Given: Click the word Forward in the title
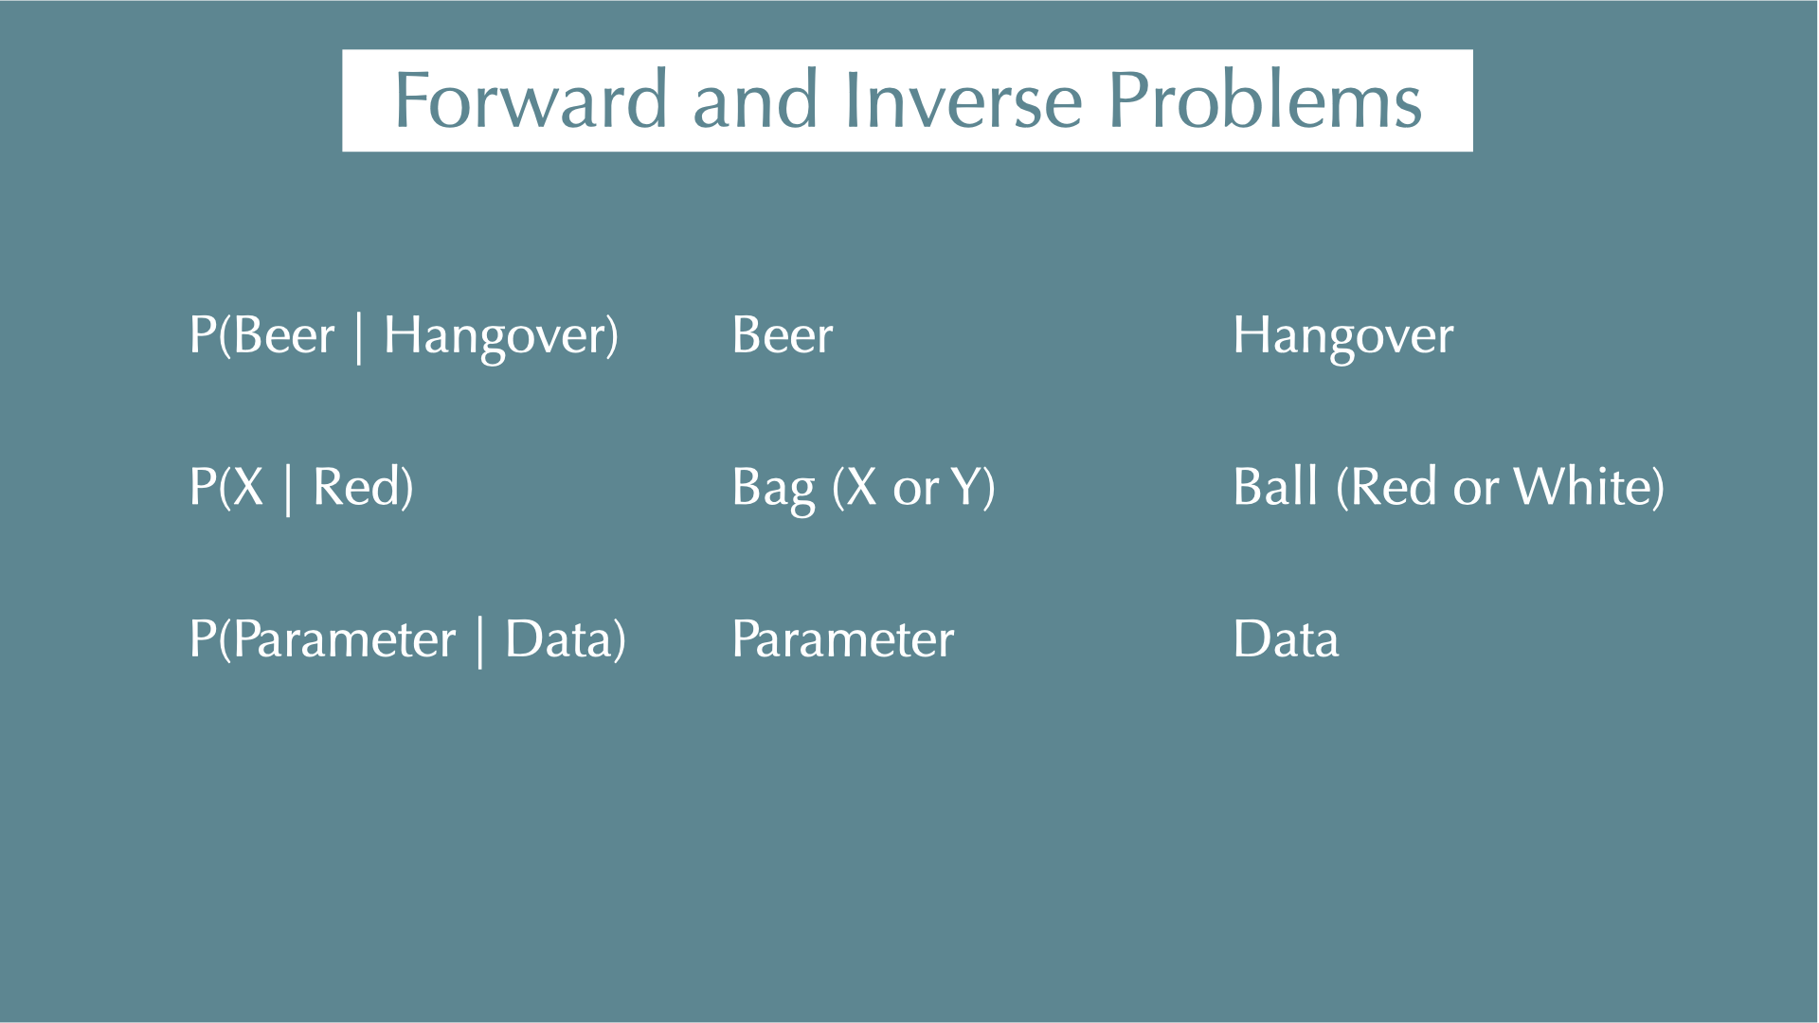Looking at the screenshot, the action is (x=531, y=99).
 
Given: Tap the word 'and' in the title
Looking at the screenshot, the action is (x=755, y=99).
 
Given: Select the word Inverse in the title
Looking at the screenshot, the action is (x=963, y=99).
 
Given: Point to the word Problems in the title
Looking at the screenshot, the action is (x=1265, y=99).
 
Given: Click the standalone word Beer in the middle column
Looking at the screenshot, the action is (x=783, y=334).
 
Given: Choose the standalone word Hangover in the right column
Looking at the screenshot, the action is (x=1343, y=338).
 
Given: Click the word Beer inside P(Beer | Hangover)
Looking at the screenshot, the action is (x=284, y=334).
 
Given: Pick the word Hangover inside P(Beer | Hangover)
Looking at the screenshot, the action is (x=494, y=338).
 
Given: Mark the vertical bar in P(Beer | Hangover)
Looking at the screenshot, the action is (x=359, y=338).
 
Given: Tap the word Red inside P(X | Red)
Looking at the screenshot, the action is (x=356, y=487).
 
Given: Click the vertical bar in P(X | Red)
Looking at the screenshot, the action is (x=288, y=490).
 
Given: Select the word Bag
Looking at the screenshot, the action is (x=773, y=491).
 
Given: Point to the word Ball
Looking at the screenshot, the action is (x=1276, y=486).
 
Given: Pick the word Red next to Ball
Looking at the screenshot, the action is (x=1394, y=487).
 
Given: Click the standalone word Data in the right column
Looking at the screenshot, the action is (x=1287, y=638).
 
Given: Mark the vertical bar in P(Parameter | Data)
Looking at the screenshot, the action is (x=480, y=642).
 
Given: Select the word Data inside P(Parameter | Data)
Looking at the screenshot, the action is (x=559, y=638).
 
